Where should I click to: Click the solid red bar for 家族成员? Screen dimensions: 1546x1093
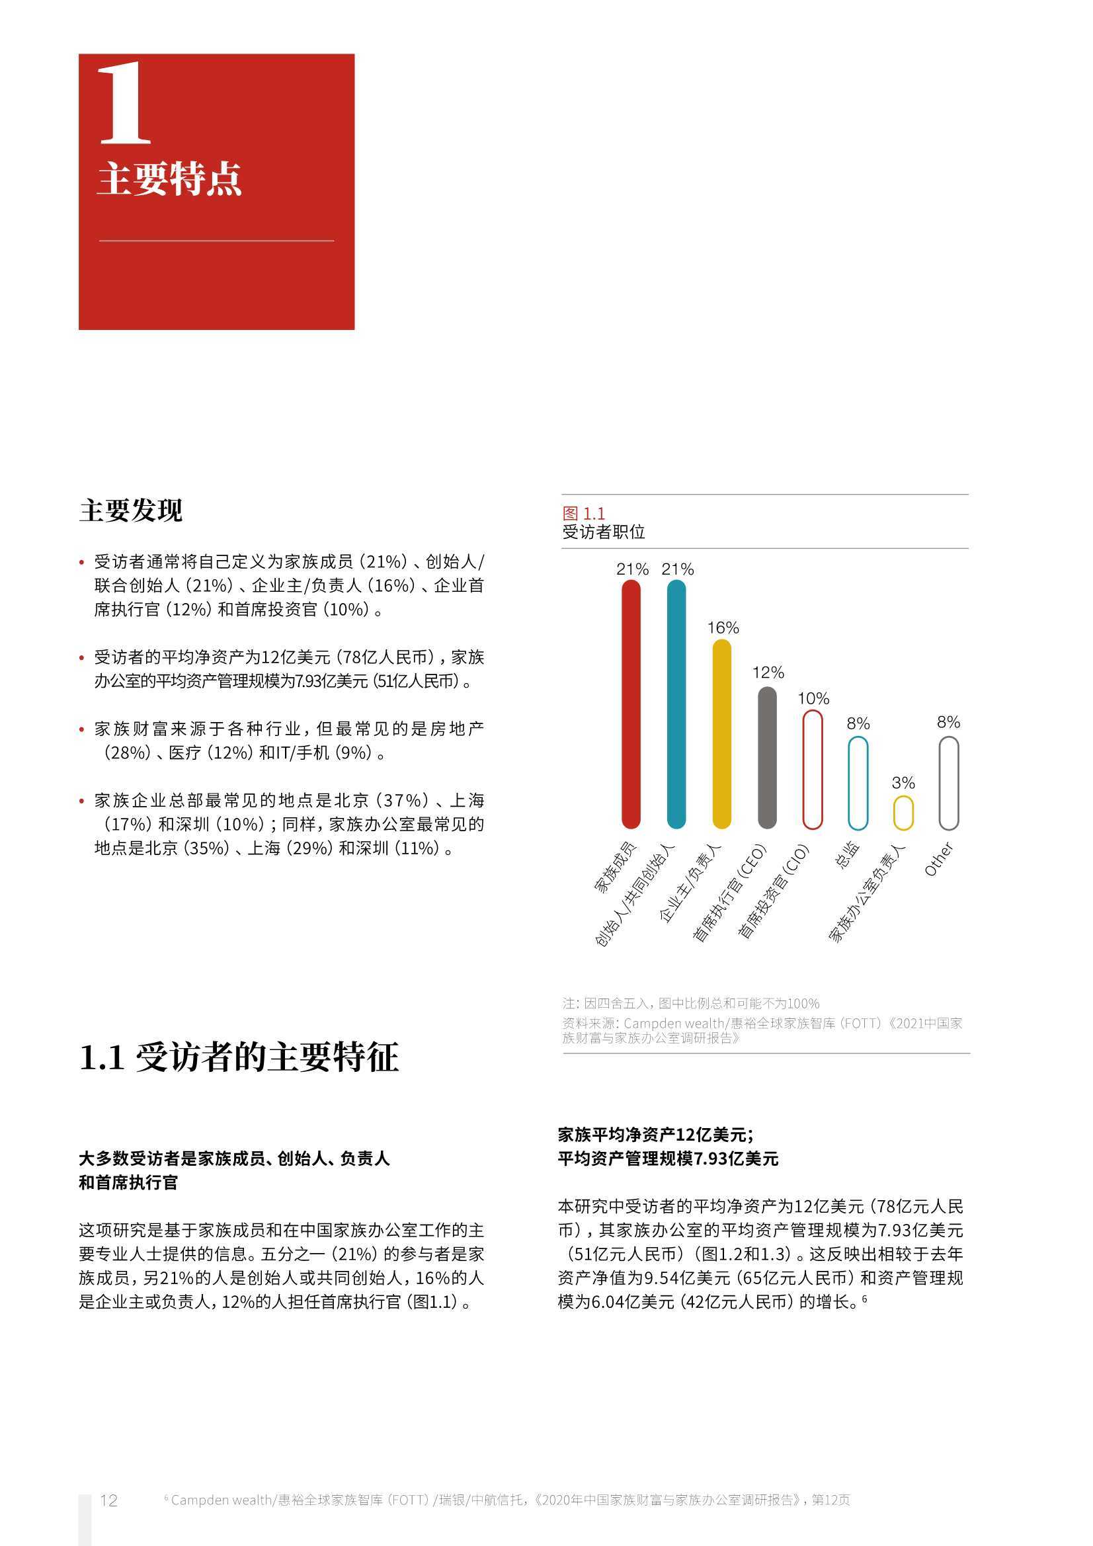click(x=631, y=704)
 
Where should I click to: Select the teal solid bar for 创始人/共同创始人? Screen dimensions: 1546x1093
click(x=676, y=704)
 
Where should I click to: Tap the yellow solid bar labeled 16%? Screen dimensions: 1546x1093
click(x=721, y=733)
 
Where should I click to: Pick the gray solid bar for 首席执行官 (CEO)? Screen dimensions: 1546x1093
click(x=767, y=758)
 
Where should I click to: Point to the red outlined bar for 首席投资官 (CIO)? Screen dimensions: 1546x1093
click(x=813, y=769)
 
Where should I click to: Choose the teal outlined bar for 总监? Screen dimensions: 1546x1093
click(x=858, y=782)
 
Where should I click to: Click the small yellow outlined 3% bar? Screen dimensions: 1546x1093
click(x=903, y=812)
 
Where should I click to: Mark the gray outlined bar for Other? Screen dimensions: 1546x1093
click(x=948, y=782)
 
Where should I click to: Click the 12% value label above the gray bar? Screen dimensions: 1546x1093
click(x=768, y=672)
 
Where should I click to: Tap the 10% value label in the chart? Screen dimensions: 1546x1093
click(x=813, y=698)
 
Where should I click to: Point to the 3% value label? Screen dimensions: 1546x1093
click(x=903, y=782)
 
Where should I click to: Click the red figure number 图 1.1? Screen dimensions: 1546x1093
click(x=583, y=514)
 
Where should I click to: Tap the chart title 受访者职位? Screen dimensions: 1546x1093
click(x=604, y=532)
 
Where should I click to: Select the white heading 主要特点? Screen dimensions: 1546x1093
click(x=169, y=179)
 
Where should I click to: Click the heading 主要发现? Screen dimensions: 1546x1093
click(x=131, y=510)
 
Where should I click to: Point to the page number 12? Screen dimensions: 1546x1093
click(x=108, y=1500)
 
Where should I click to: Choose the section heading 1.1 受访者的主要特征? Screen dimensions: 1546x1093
click(x=239, y=1057)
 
